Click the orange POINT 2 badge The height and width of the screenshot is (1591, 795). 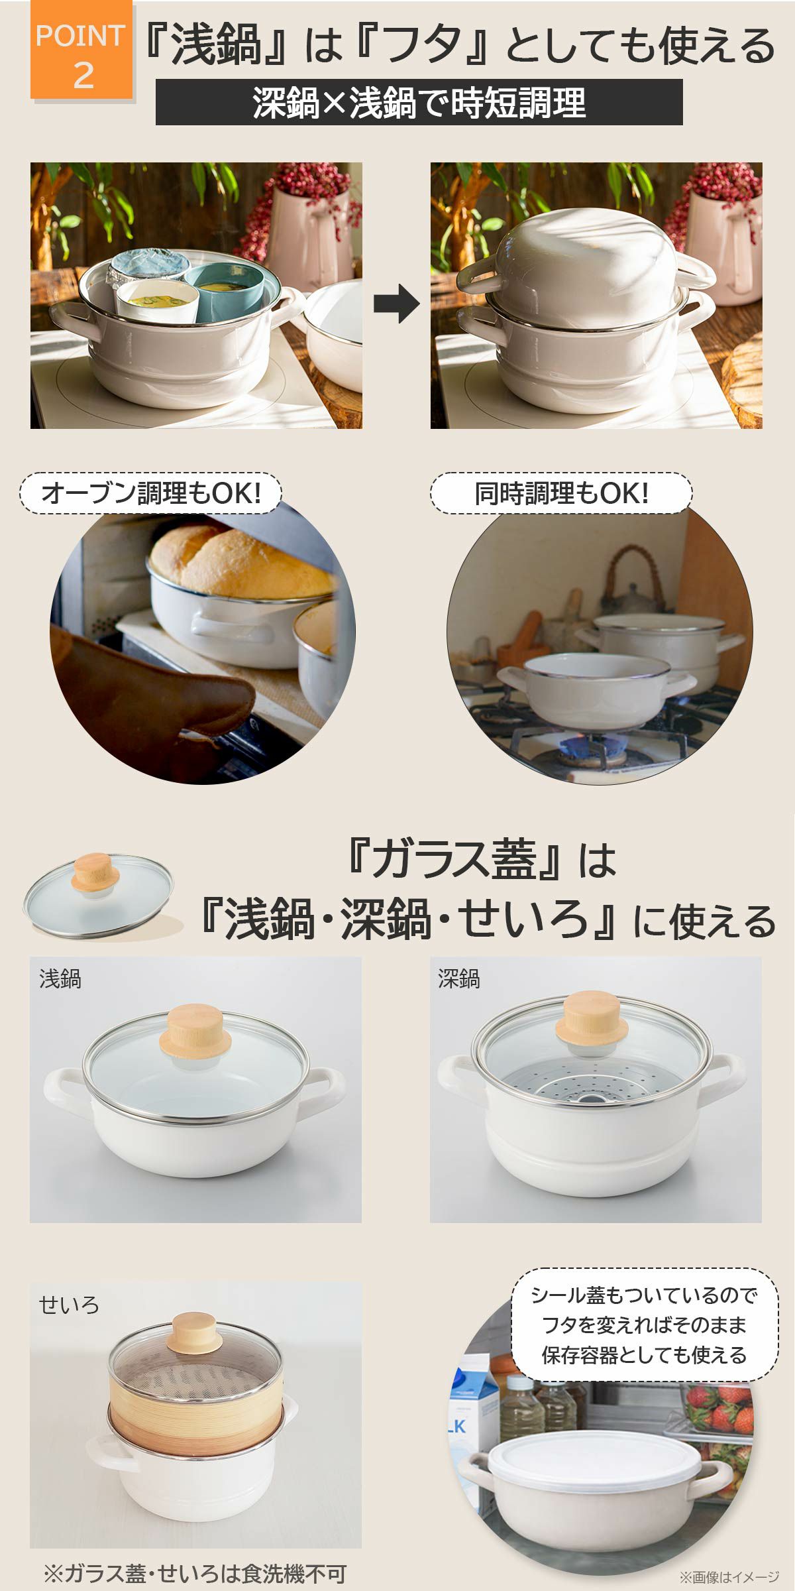pyautogui.click(x=81, y=52)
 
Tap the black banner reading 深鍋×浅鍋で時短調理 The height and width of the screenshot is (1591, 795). pyautogui.click(x=419, y=102)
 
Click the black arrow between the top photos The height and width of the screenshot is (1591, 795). pyautogui.click(x=397, y=304)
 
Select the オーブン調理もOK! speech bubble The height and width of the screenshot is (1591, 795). pyautogui.click(x=151, y=493)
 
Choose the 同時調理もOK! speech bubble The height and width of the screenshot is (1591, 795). pyautogui.click(x=561, y=493)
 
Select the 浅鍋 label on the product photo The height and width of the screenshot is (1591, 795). pyautogui.click(x=60, y=979)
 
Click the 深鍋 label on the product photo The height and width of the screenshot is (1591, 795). pyautogui.click(x=459, y=979)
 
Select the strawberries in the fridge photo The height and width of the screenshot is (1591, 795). pyautogui.click(x=722, y=1409)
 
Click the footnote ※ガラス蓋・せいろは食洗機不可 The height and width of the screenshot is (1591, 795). pyautogui.click(x=195, y=1573)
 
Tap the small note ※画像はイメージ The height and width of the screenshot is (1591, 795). pyautogui.click(x=729, y=1577)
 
